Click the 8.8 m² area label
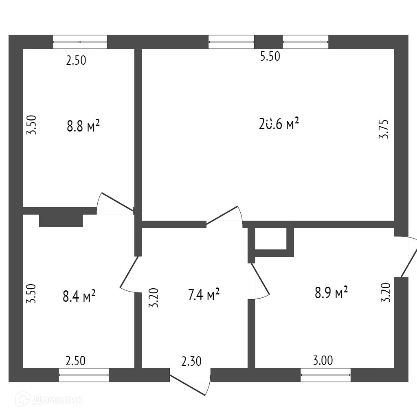[x=83, y=126]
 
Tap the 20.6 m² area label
[x=279, y=123]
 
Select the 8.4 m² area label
[x=79, y=295]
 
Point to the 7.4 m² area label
[x=204, y=294]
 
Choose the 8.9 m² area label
[x=331, y=293]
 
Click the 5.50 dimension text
[x=270, y=57]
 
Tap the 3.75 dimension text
[x=384, y=129]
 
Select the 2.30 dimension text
[x=191, y=361]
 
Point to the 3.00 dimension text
[x=323, y=360]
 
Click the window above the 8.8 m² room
[x=80, y=42]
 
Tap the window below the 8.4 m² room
[x=84, y=375]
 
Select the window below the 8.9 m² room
[x=325, y=375]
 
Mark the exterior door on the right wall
[x=408, y=257]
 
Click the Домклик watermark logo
[x=49, y=399]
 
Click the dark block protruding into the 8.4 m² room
[x=61, y=220]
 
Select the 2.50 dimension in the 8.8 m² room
[x=77, y=61]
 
